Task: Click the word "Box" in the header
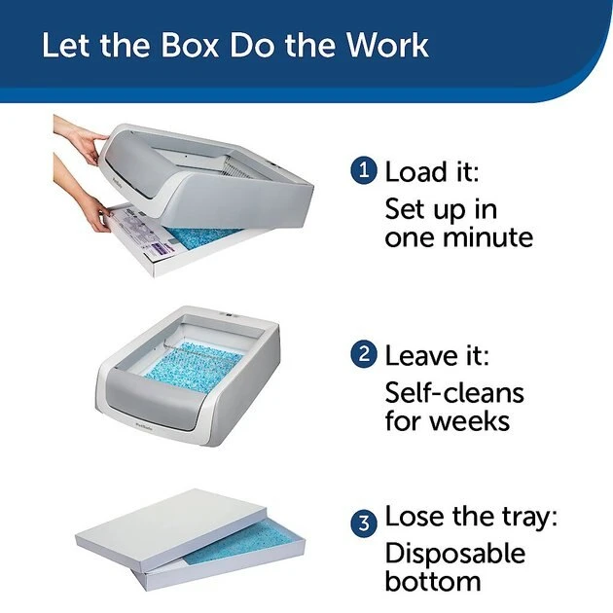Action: pyautogui.click(x=191, y=46)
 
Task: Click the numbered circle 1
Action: pyautogui.click(x=362, y=171)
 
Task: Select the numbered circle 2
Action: pyautogui.click(x=362, y=353)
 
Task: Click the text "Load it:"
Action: pyautogui.click(x=433, y=172)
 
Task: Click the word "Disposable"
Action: pyautogui.click(x=454, y=553)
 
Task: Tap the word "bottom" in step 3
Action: pyautogui.click(x=433, y=582)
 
